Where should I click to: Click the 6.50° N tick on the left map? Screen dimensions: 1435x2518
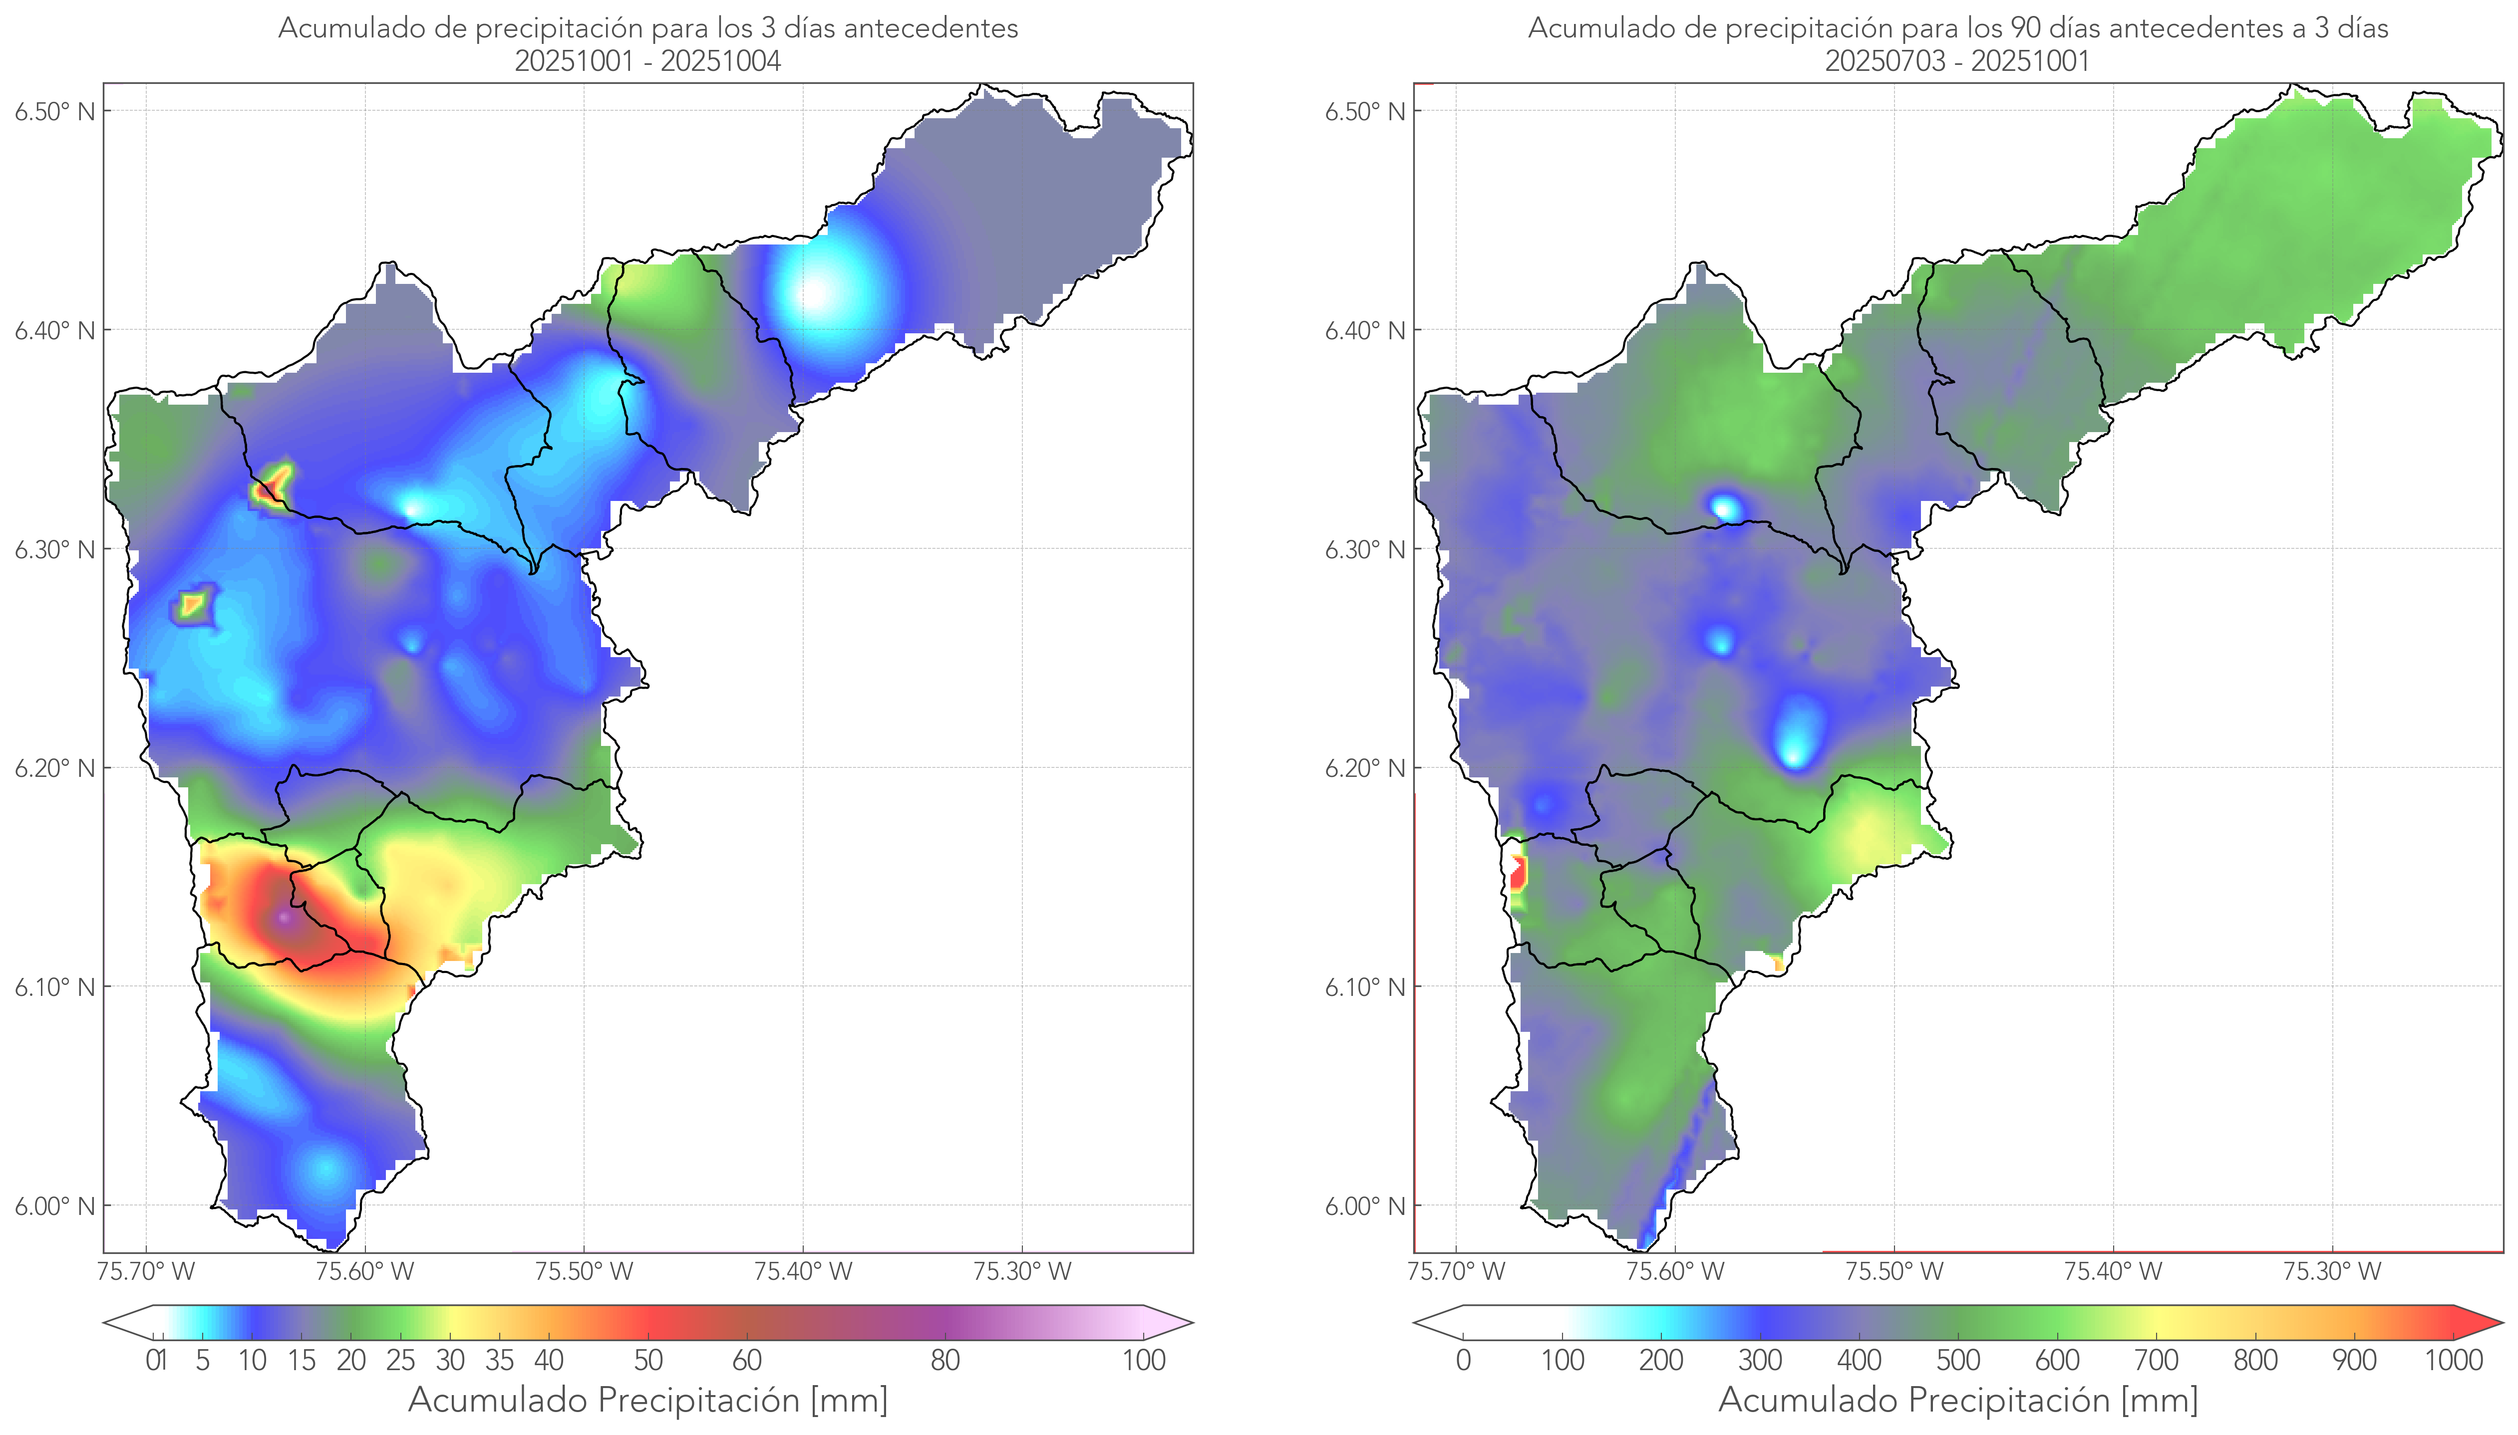[55, 111]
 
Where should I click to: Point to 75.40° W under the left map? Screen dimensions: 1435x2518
[803, 1271]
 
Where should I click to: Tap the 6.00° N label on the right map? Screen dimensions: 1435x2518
[1365, 1206]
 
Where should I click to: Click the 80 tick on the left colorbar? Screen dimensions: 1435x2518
[944, 1360]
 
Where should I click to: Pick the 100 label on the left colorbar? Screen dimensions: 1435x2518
[1144, 1360]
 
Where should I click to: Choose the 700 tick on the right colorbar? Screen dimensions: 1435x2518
[2155, 1360]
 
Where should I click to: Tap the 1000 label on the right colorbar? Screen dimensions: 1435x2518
[2453, 1360]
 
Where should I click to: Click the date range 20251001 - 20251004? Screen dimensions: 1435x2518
[648, 61]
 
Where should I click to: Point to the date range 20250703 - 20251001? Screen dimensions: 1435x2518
[1957, 61]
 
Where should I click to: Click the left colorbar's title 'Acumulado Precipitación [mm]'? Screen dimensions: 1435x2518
[648, 1400]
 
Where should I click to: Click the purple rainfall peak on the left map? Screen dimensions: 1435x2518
[285, 919]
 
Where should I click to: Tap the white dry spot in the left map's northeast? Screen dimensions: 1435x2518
[814, 292]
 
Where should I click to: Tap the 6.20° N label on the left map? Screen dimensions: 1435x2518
[55, 768]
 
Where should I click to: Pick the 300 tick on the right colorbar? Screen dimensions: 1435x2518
[1760, 1360]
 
